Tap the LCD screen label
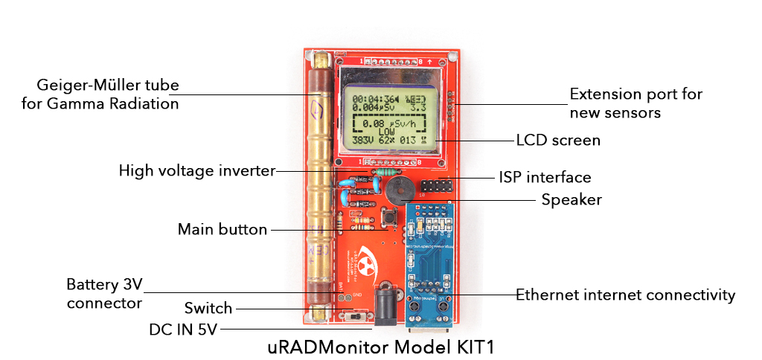(x=558, y=140)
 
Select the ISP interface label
(x=545, y=177)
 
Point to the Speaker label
(x=571, y=199)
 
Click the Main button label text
(x=222, y=229)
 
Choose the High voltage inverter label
(x=196, y=171)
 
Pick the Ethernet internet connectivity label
(x=625, y=295)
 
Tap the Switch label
(x=208, y=308)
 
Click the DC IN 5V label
(x=182, y=328)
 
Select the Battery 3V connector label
(x=103, y=294)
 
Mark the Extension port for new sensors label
(x=635, y=103)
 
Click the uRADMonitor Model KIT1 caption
(x=381, y=347)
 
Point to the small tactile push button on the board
(x=388, y=217)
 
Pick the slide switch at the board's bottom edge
(x=356, y=318)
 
